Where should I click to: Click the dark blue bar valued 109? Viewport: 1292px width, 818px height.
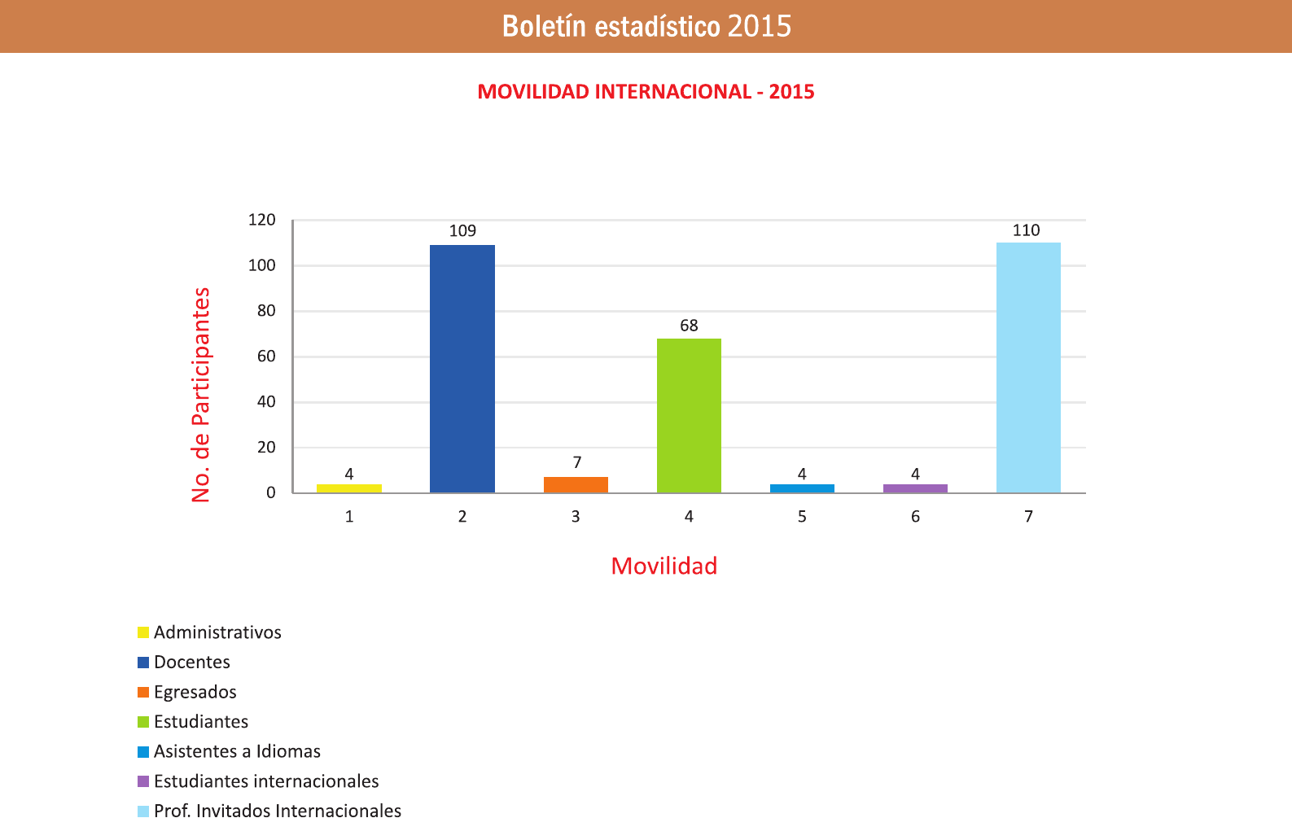coord(462,369)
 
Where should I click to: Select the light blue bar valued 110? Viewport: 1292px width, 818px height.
coord(1028,368)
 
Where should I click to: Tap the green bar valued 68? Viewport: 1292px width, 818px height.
coord(689,415)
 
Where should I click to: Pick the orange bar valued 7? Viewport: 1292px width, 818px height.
coord(576,485)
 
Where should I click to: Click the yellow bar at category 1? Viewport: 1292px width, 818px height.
coord(349,488)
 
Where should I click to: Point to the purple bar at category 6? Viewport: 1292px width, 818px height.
coord(915,488)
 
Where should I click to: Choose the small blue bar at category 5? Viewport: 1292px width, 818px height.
coord(802,488)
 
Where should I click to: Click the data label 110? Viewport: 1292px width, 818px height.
coord(1026,230)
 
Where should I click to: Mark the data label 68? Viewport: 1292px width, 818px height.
coord(689,326)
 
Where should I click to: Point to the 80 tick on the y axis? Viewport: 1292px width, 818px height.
coord(266,311)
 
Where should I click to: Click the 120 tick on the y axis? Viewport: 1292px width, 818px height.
coord(262,220)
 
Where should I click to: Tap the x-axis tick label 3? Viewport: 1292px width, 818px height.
coord(576,517)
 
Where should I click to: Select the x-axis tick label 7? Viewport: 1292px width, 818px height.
coord(1028,517)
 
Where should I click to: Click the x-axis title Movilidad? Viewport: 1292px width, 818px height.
coord(664,566)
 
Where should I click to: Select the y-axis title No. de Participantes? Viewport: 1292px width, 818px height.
coord(200,395)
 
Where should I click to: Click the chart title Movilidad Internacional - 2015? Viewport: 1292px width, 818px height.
coord(646,91)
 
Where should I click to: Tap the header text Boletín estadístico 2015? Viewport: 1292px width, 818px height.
coord(646,26)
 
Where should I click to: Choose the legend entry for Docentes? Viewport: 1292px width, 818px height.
coord(192,663)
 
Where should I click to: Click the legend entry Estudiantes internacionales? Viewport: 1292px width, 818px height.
coord(266,781)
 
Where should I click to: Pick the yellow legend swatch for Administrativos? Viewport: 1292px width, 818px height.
coord(143,632)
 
